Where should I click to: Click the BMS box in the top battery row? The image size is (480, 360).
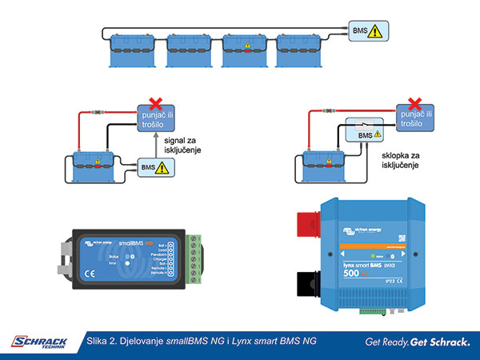pyautogui.click(x=370, y=32)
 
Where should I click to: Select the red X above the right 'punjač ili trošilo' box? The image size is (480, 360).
pyautogui.click(x=413, y=103)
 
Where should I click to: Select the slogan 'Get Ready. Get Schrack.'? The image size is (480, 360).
pyautogui.click(x=417, y=342)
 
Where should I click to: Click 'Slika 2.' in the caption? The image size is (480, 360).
pyautogui.click(x=105, y=342)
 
